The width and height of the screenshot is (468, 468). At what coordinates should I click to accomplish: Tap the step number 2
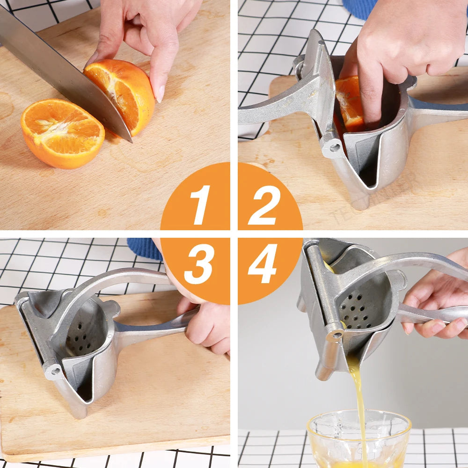pyautogui.click(x=264, y=205)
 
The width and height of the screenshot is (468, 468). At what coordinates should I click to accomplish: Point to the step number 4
pyautogui.click(x=263, y=263)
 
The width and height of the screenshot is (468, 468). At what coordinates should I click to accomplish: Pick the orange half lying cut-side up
pyautogui.click(x=63, y=133)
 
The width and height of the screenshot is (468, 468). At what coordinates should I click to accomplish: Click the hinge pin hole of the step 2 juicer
pyautogui.click(x=335, y=147)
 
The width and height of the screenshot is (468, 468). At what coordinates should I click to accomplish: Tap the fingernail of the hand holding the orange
pyautogui.click(x=161, y=94)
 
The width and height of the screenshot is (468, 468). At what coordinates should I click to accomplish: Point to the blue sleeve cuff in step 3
pyautogui.click(x=145, y=249)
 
